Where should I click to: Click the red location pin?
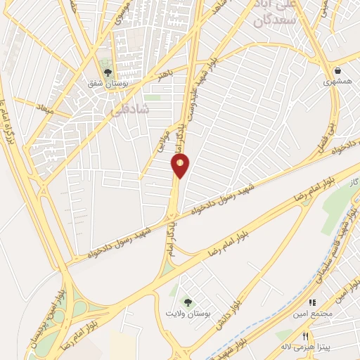[181, 166]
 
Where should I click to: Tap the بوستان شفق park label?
[105, 84]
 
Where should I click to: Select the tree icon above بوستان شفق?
[107, 71]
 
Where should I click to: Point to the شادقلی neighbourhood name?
[126, 110]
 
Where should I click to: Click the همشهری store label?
[337, 82]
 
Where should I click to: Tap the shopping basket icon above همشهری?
[338, 70]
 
